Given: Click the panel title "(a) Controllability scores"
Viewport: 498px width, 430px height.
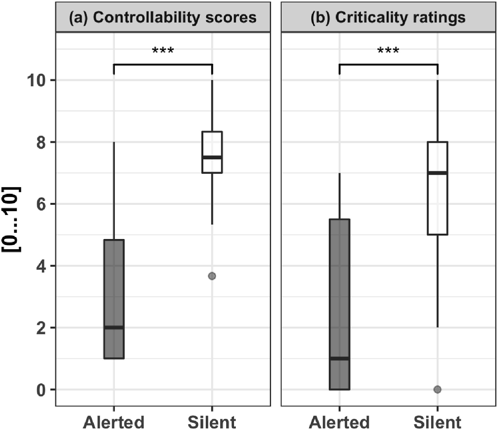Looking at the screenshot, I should (x=163, y=17).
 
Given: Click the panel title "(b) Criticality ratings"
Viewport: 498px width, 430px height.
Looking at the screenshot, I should (x=388, y=17).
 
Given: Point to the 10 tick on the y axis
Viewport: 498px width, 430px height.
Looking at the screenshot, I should (x=36, y=80).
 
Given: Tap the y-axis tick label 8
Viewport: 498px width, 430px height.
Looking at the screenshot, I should (x=41, y=142).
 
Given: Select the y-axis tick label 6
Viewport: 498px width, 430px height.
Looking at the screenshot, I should (x=41, y=204).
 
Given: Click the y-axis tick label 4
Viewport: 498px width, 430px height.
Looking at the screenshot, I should (x=41, y=266).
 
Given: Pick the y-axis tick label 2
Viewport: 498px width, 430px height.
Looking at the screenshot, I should (x=41, y=328).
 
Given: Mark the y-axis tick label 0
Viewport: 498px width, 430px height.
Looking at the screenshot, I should (x=41, y=390).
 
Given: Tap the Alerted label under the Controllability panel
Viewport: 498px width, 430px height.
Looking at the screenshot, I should (x=114, y=422).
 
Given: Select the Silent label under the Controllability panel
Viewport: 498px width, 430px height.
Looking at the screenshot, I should (x=212, y=422).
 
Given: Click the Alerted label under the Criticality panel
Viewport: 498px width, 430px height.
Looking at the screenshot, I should (x=339, y=422).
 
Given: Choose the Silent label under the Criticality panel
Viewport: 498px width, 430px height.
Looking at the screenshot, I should (x=437, y=422).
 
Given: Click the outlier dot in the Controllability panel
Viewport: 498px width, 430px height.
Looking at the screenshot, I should (x=212, y=276).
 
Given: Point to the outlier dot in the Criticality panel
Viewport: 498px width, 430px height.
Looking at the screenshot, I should (x=437, y=389).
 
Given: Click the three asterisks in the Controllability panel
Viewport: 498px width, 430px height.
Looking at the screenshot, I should (x=163, y=51).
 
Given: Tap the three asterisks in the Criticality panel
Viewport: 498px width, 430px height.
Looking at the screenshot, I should (x=388, y=51).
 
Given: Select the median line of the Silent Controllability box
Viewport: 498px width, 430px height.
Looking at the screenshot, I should (x=212, y=157).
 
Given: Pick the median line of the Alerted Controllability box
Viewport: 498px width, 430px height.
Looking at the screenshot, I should (x=114, y=328).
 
